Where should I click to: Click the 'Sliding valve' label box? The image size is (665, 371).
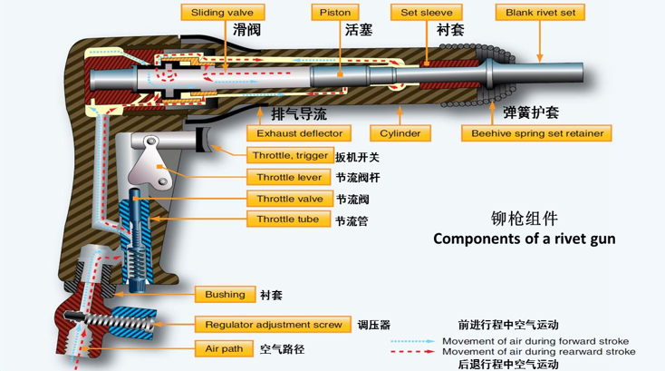pos(223,13)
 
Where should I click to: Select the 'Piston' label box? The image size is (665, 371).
pos(335,13)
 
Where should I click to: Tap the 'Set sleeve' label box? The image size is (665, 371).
pos(426,13)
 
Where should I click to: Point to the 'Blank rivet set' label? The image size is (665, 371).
pos(540,13)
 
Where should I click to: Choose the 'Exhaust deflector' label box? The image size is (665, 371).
pos(299,133)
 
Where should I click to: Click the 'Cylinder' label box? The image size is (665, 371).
pos(400,133)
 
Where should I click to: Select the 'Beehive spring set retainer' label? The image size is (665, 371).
pos(536,133)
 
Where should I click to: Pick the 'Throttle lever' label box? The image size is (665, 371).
pos(289,177)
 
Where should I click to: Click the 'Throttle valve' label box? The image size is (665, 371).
pos(290,199)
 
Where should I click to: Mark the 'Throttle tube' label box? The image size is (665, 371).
pos(288,219)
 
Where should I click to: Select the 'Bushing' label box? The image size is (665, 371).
pos(226,294)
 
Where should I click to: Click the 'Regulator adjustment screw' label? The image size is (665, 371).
pos(273,325)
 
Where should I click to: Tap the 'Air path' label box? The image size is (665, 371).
pos(224,349)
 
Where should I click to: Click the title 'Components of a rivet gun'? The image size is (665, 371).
pos(525,239)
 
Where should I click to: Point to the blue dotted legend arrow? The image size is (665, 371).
pos(412,341)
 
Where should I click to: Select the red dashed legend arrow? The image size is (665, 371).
pos(412,351)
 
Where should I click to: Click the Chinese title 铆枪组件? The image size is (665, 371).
pos(525,219)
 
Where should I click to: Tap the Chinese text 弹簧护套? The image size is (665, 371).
pos(531,112)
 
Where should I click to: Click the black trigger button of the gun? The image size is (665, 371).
pos(204,139)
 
